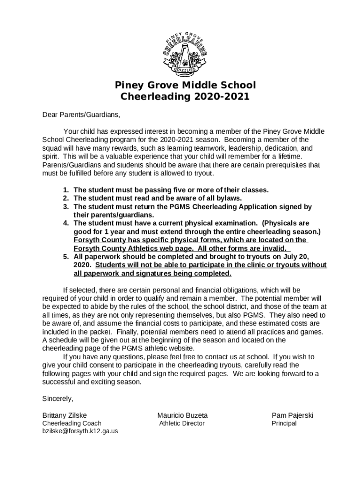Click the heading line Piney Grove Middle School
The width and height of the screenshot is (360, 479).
point(186,85)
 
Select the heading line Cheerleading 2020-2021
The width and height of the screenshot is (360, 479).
point(186,97)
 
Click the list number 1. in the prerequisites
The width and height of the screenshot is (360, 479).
point(66,190)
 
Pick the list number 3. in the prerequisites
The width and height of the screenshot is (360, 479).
point(66,207)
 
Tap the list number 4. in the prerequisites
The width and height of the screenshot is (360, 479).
point(66,224)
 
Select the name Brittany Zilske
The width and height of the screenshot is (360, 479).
point(65,415)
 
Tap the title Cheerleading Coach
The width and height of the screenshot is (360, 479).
point(72,423)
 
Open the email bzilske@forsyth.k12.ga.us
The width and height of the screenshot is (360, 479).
point(80,431)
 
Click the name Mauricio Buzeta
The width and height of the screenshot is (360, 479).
point(182,415)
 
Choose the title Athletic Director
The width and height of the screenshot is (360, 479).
point(182,423)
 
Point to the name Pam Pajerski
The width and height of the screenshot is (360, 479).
point(293,415)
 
